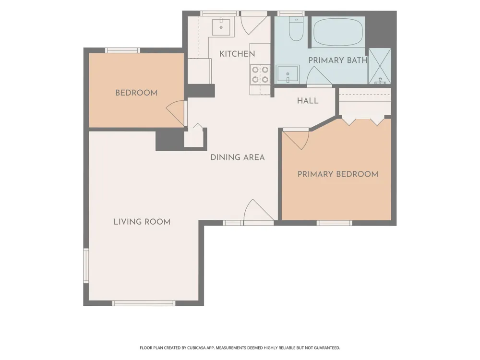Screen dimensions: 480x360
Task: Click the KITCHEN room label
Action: [237, 54]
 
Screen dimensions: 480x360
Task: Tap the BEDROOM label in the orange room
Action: [136, 93]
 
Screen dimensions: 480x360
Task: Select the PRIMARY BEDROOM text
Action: [338, 174]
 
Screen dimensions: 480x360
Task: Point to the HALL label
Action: [308, 101]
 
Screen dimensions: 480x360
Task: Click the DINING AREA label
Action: [238, 157]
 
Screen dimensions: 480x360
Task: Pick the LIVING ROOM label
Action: [142, 222]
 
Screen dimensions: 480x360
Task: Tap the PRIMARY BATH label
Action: [337, 60]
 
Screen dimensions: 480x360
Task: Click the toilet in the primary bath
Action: [296, 29]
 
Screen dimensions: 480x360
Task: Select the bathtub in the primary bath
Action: [338, 32]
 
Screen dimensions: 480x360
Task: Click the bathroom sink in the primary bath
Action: [288, 74]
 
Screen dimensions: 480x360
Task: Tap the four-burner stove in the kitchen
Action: [260, 75]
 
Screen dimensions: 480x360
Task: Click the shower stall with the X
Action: [380, 66]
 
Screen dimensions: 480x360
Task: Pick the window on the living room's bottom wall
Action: [144, 303]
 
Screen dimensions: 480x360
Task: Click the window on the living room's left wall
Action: [86, 265]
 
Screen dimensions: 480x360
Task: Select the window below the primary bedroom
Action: [334, 223]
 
